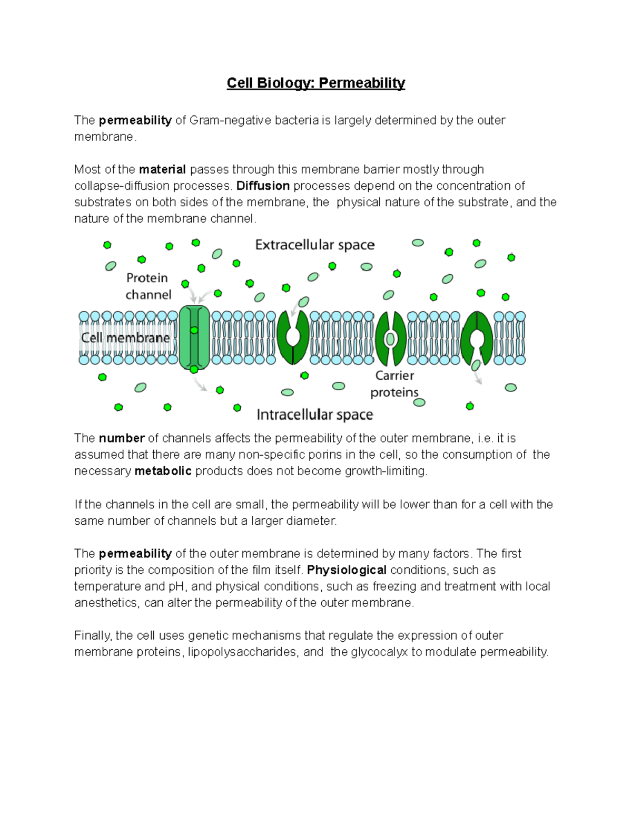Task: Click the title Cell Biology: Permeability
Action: (315, 83)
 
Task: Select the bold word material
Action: (162, 169)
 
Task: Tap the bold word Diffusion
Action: (263, 186)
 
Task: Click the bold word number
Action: (122, 438)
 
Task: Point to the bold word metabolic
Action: (163, 471)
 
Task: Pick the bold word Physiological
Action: (347, 570)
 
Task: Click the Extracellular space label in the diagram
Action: (315, 245)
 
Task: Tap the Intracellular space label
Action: (315, 415)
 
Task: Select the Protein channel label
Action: (148, 286)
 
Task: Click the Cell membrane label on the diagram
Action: (125, 338)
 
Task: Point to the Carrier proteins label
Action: (394, 384)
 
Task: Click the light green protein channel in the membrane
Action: (194, 338)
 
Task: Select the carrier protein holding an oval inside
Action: (390, 338)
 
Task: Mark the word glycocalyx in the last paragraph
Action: (379, 652)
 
